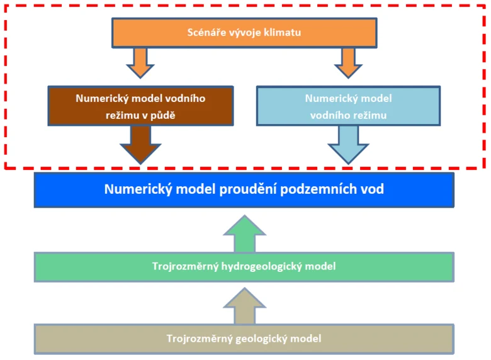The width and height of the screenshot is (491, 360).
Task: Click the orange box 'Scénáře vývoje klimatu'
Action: pyautogui.click(x=244, y=33)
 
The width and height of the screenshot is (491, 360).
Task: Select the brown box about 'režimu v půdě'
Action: pyautogui.click(x=140, y=106)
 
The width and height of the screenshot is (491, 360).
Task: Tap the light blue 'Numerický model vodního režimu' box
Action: pyautogui.click(x=348, y=106)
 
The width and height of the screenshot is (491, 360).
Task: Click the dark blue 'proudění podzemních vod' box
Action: pyautogui.click(x=244, y=189)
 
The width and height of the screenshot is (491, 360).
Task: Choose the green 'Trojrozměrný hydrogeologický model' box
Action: pyautogui.click(x=244, y=267)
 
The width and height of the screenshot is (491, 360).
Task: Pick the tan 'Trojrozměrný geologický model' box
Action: pyautogui.click(x=244, y=339)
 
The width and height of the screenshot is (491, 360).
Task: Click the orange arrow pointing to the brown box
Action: pyautogui.click(x=140, y=62)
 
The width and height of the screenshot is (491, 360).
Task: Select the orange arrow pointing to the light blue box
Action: pyautogui.click(x=348, y=62)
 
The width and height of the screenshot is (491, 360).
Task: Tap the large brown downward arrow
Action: pyautogui.click(x=140, y=145)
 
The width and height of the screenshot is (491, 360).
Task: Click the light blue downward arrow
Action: pyautogui.click(x=348, y=145)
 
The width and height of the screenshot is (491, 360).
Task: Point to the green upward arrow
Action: pyautogui.click(x=245, y=233)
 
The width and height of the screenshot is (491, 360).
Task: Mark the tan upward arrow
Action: pyautogui.click(x=245, y=306)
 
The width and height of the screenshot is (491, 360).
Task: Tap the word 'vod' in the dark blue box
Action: pyautogui.click(x=373, y=189)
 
